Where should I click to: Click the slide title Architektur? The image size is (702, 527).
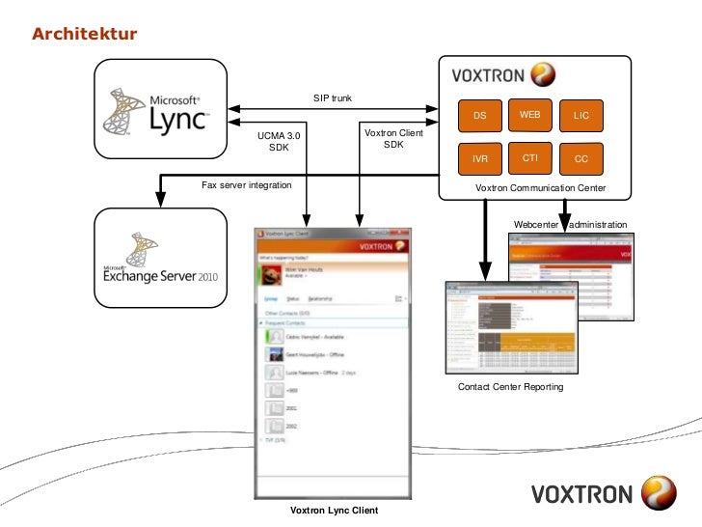(x=85, y=36)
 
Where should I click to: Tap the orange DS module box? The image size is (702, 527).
(x=479, y=116)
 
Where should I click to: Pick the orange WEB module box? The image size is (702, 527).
(x=529, y=115)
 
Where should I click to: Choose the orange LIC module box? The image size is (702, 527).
(x=580, y=116)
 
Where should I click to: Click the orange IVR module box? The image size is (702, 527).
(x=479, y=158)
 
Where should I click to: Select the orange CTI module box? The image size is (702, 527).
(x=529, y=157)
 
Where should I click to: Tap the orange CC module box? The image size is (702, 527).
(x=580, y=158)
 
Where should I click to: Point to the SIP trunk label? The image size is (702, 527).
(x=332, y=98)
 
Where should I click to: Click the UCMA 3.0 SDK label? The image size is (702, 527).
(x=279, y=143)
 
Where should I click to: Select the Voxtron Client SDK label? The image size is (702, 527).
(x=393, y=138)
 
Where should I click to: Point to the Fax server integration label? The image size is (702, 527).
(x=246, y=184)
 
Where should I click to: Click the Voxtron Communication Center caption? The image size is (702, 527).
(x=540, y=186)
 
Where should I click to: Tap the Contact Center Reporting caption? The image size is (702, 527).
(x=510, y=387)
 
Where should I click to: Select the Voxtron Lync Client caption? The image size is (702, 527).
(x=334, y=510)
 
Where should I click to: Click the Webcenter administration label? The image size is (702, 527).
(x=570, y=225)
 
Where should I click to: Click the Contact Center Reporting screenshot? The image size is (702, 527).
(x=509, y=327)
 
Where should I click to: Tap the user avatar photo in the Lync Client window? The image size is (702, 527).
(x=271, y=274)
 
